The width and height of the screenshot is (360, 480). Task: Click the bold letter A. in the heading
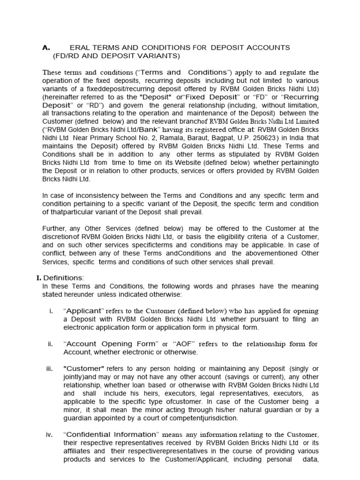click(x=46, y=48)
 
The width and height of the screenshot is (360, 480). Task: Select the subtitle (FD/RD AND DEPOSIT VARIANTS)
click(x=116, y=56)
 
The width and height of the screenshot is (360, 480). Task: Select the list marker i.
click(x=50, y=311)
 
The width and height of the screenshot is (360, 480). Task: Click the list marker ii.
click(x=50, y=344)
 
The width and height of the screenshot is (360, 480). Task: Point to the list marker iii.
click(x=50, y=369)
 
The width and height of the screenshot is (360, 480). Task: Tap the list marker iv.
click(x=49, y=435)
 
